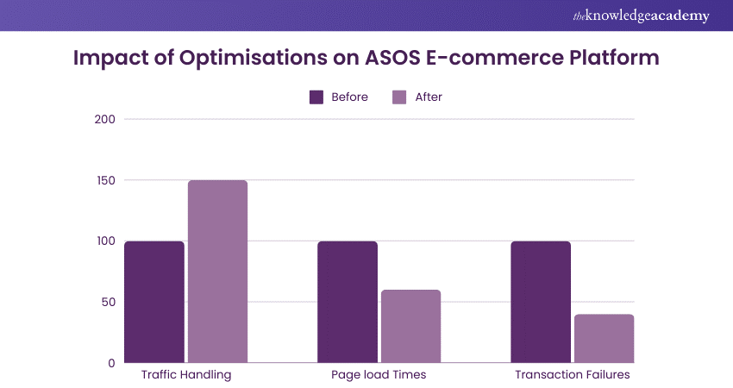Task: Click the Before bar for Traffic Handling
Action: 154,302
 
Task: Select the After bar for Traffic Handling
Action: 217,272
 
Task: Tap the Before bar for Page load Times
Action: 348,302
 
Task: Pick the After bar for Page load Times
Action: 410,326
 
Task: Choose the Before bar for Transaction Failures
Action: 541,302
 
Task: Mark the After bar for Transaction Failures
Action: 604,338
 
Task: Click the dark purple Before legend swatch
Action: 316,97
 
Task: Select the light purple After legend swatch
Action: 399,97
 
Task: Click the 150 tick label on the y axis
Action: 105,180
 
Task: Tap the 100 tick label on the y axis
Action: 105,241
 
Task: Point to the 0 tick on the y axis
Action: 112,363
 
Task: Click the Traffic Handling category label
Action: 186,376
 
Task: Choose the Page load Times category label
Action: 379,376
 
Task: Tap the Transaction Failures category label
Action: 573,376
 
